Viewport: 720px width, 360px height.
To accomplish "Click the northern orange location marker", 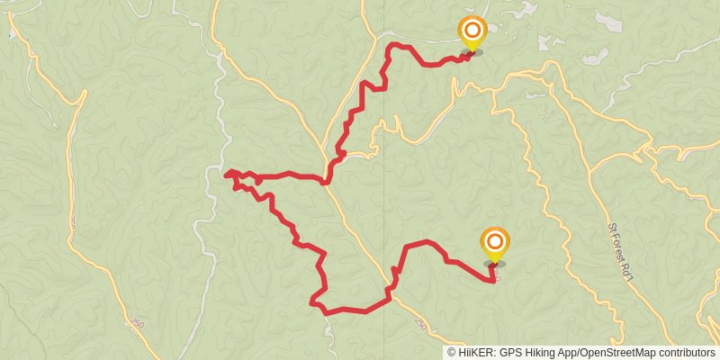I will pos(471,32).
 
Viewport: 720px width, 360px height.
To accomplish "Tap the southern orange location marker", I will pos(494,243).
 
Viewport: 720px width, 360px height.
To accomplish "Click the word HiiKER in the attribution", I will pos(475,353).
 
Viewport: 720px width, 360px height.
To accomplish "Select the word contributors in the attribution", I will pos(686,353).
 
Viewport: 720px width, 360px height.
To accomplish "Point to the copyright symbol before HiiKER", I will pos(452,353).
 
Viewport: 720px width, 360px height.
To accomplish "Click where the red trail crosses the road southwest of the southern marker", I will pos(391,292).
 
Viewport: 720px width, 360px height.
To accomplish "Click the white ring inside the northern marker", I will pos(471,28).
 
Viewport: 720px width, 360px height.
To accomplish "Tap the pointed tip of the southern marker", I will pos(494,263).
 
